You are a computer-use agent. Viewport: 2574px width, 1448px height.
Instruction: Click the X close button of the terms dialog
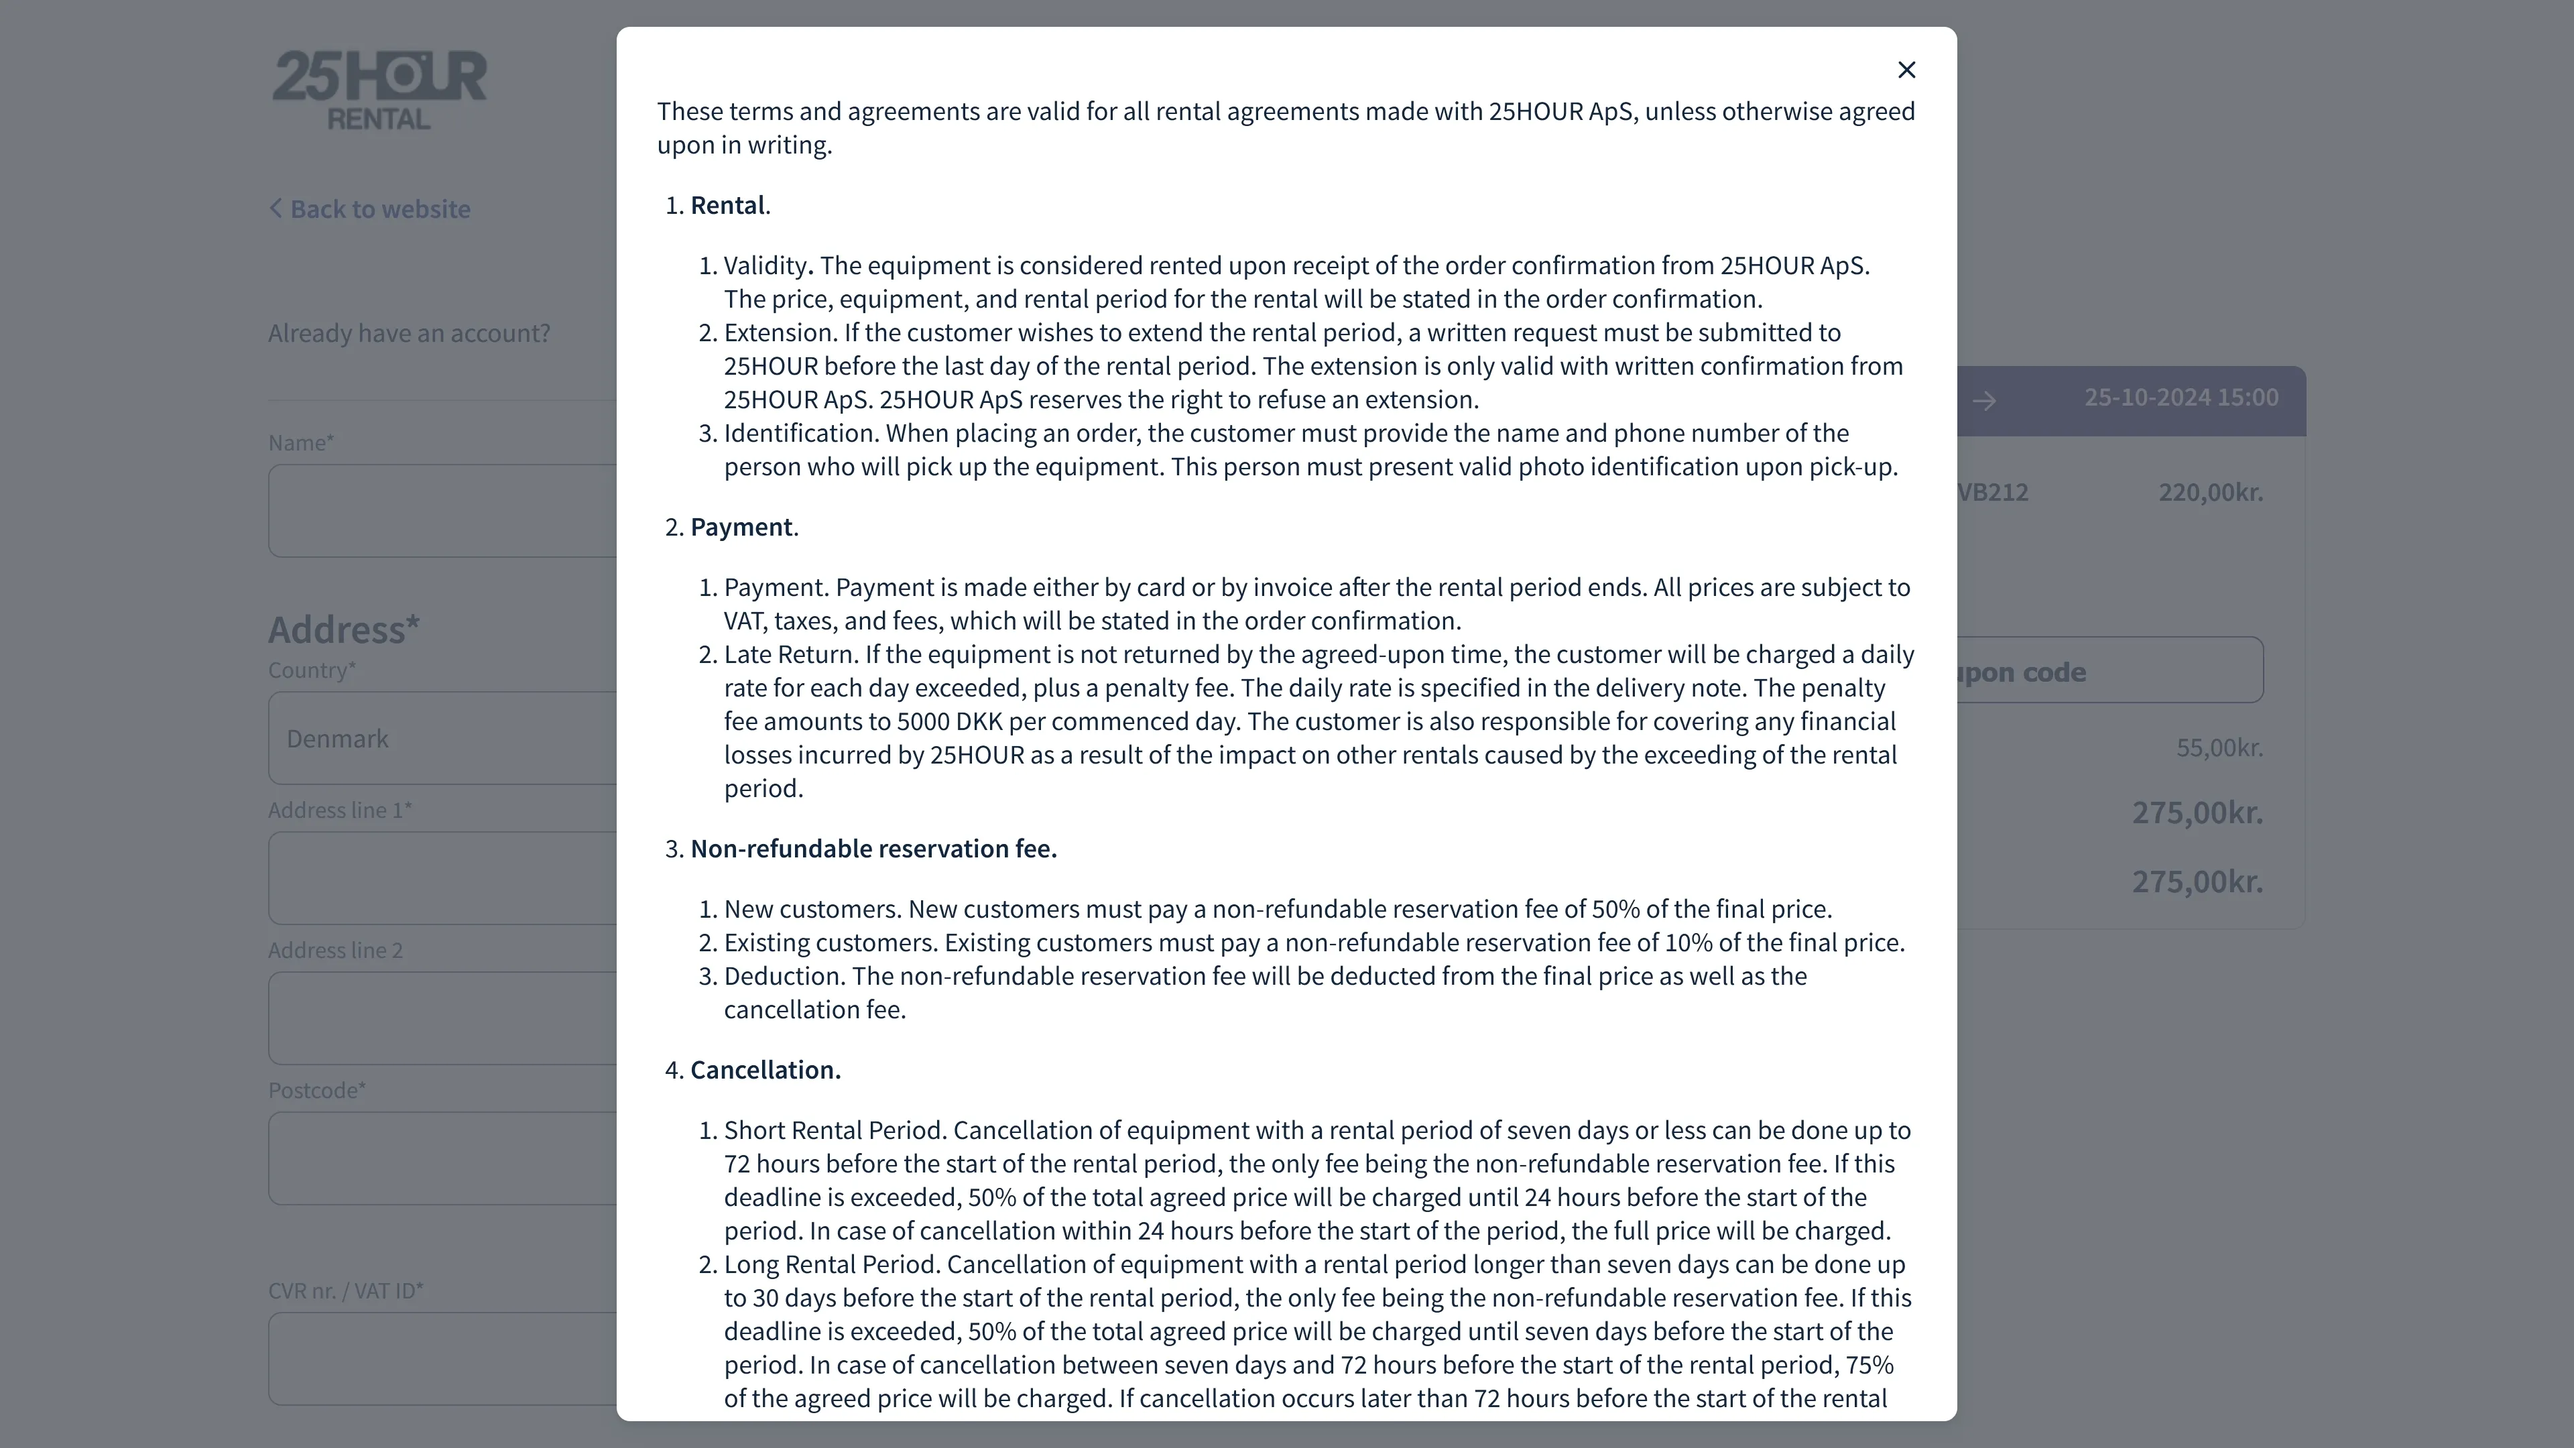(x=1906, y=70)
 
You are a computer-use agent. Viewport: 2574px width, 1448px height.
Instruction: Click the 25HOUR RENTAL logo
(x=379, y=90)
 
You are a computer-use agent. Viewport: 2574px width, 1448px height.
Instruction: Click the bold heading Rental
(x=727, y=205)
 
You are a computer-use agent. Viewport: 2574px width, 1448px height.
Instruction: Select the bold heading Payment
(x=741, y=527)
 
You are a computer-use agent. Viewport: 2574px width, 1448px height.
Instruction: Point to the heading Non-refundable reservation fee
(x=873, y=849)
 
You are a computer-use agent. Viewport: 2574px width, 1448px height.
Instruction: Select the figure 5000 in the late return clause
(x=922, y=721)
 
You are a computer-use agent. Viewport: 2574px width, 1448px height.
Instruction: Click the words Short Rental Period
(x=835, y=1130)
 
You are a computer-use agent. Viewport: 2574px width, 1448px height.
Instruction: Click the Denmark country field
(x=440, y=739)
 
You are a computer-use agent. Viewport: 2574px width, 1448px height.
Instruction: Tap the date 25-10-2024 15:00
(x=2181, y=398)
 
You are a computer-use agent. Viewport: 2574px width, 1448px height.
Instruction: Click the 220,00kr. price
(x=2210, y=493)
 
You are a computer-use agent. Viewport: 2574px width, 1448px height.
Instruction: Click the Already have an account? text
(x=409, y=333)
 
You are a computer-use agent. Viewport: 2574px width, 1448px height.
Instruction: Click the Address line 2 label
(x=334, y=951)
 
